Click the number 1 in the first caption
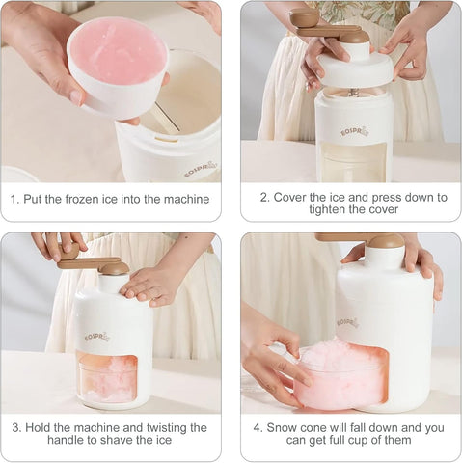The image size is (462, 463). pos(14,200)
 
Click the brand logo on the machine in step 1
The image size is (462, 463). pos(201,169)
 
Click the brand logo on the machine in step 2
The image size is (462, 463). pos(354,130)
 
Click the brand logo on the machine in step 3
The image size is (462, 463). pos(96,337)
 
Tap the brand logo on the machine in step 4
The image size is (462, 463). pos(348,322)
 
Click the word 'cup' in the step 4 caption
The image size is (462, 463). pos(385,441)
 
